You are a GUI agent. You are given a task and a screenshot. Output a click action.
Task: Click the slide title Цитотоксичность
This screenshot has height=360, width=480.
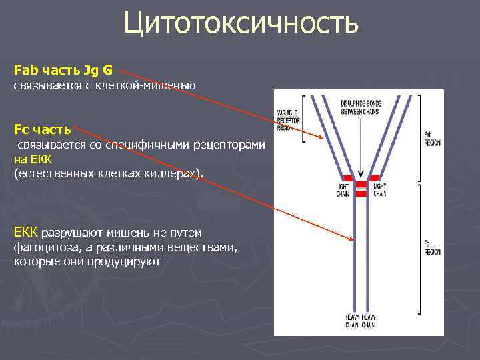[241, 24]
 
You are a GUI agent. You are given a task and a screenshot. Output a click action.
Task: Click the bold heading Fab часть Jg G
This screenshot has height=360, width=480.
[63, 69]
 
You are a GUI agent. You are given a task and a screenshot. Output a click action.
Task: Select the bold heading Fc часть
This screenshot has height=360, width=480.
[42, 129]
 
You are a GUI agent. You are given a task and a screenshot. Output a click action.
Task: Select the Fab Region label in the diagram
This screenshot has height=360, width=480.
[432, 138]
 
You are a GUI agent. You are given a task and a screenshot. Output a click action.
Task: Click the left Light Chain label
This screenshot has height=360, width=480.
[342, 191]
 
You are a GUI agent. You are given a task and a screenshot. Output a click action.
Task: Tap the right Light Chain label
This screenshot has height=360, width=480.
[379, 191]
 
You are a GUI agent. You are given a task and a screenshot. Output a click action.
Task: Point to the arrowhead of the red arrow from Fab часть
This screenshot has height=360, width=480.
[323, 139]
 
